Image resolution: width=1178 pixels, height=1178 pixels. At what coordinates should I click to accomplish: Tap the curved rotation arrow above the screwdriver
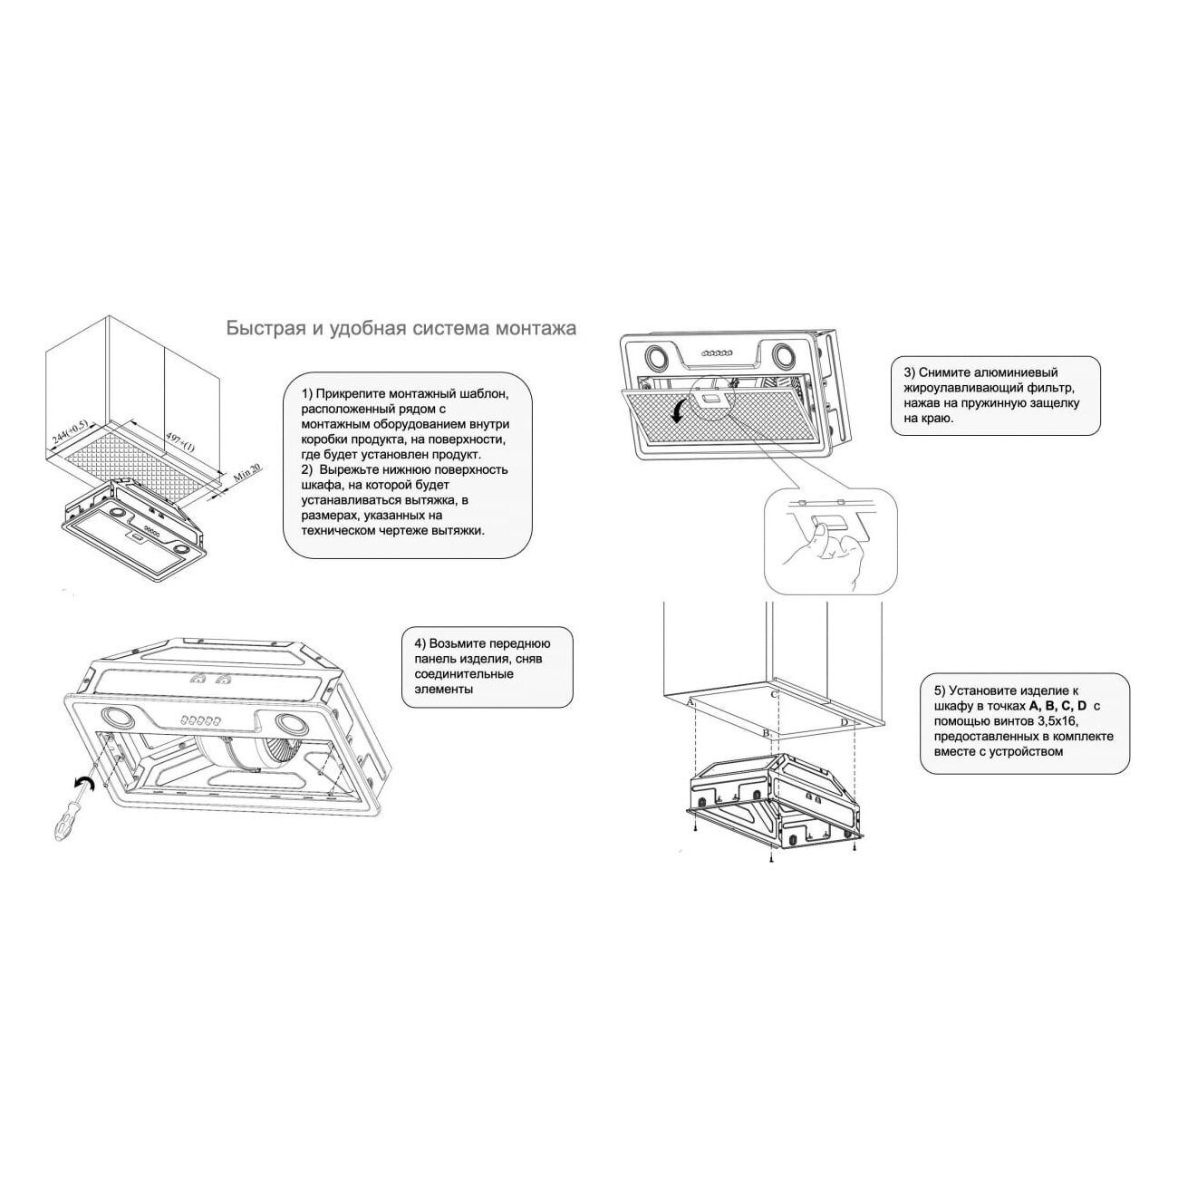(x=82, y=785)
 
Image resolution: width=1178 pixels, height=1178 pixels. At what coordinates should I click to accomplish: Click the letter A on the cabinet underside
(x=690, y=702)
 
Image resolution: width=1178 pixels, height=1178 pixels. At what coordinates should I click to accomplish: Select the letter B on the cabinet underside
(x=766, y=732)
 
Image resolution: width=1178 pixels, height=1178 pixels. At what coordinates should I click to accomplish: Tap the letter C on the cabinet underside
(x=773, y=694)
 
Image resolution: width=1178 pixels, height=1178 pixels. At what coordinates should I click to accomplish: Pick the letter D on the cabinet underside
(x=845, y=723)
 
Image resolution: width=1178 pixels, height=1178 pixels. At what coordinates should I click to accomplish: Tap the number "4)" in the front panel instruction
(x=420, y=643)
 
